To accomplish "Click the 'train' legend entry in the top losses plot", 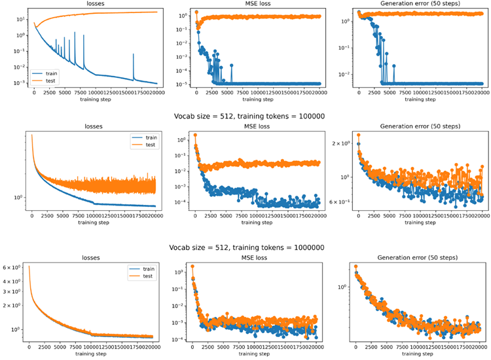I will [46, 77].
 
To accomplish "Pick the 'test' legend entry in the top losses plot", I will [46, 85].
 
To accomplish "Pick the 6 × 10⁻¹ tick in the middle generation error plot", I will [342, 202].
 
